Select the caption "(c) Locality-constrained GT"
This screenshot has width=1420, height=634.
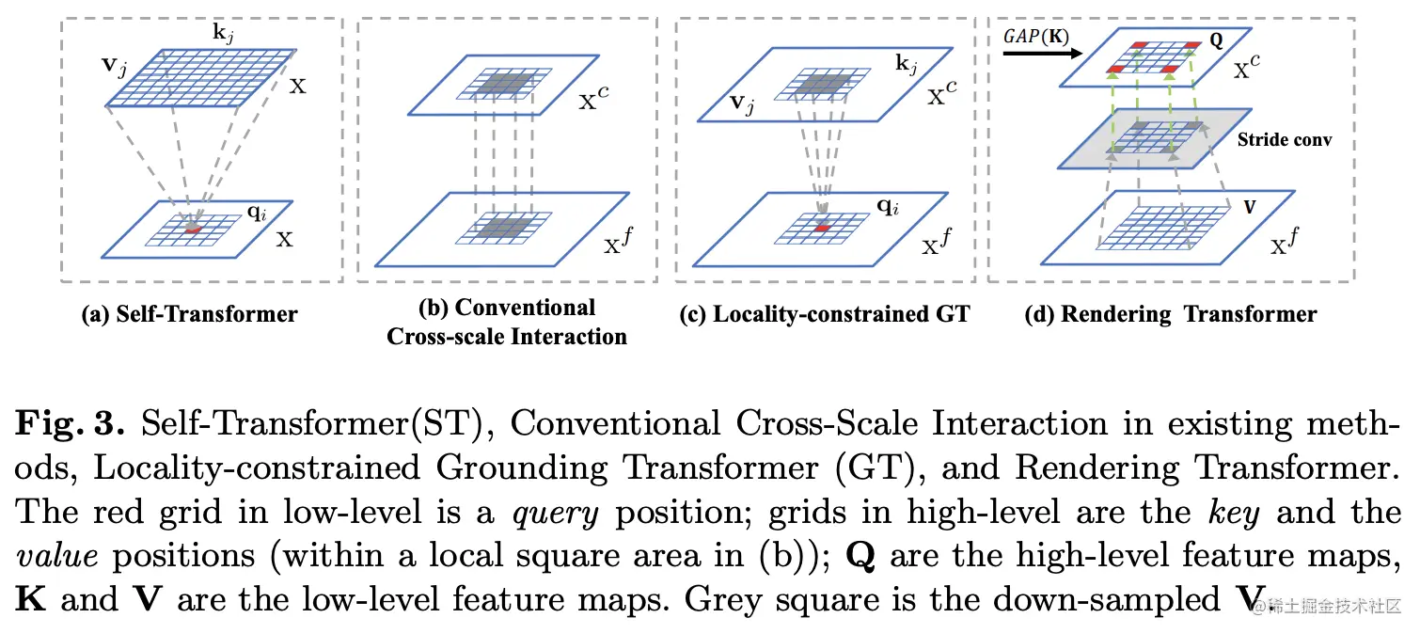[824, 314]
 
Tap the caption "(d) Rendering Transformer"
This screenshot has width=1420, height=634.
[1170, 314]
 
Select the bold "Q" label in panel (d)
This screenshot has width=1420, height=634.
[1217, 41]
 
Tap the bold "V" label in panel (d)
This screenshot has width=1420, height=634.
[1250, 204]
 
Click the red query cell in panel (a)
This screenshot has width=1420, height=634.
[193, 229]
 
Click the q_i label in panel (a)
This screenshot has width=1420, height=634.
[257, 212]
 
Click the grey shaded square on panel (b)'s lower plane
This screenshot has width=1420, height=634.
[500, 229]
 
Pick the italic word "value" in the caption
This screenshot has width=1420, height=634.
[58, 556]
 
